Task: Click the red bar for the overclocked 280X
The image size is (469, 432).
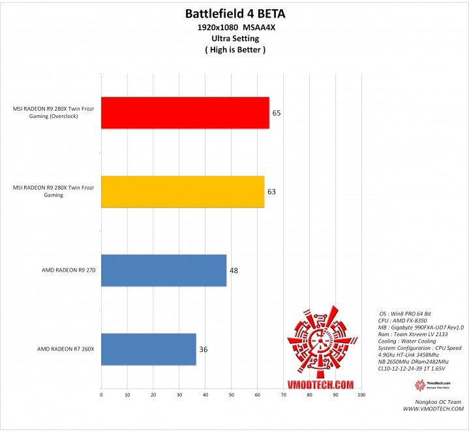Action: tap(185, 113)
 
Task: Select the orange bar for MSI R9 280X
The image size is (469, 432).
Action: tap(183, 192)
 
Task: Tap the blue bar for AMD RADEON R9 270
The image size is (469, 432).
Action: tap(164, 270)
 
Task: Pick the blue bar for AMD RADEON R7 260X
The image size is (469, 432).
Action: tap(148, 349)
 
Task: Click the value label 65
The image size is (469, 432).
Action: tap(277, 113)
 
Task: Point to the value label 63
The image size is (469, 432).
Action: tap(271, 192)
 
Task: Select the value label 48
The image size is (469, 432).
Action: tap(233, 270)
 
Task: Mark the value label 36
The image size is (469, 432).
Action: tap(203, 350)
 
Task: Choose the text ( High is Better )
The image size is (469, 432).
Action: tap(235, 49)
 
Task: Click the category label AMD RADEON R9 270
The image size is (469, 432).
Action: tap(68, 270)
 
